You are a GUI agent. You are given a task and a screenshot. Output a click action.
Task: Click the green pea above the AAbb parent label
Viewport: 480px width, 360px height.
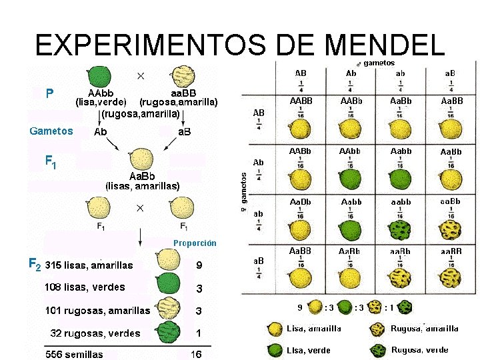pyautogui.click(x=100, y=75)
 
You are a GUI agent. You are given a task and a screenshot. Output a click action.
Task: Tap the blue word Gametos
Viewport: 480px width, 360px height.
pyautogui.click(x=51, y=131)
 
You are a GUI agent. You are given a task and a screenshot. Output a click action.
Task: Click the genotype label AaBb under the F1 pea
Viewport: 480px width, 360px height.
pyautogui.click(x=143, y=176)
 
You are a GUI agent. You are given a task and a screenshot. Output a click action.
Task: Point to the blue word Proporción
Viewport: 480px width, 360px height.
pyautogui.click(x=195, y=243)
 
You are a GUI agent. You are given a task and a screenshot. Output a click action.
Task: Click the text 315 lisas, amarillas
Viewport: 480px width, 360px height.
pyautogui.click(x=89, y=265)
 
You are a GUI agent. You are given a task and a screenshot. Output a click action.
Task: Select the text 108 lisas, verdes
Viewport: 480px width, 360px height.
pyautogui.click(x=85, y=287)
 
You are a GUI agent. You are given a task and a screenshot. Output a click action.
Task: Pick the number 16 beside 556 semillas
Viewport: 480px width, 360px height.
pyautogui.click(x=196, y=354)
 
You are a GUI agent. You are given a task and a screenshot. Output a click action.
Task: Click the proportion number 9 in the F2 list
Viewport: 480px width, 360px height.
pyautogui.click(x=199, y=265)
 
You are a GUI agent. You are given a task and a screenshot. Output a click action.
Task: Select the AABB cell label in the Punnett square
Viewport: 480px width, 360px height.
pyautogui.click(x=301, y=101)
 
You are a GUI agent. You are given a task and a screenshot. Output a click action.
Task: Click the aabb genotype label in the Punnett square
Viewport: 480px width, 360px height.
pyautogui.click(x=401, y=201)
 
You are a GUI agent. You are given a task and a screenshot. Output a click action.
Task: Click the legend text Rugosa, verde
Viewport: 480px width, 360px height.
pyautogui.click(x=419, y=349)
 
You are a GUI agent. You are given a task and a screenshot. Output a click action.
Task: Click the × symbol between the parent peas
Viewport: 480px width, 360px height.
pyautogui.click(x=141, y=75)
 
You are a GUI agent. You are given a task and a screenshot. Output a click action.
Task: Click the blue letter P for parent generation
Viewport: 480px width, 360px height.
pyautogui.click(x=49, y=93)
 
